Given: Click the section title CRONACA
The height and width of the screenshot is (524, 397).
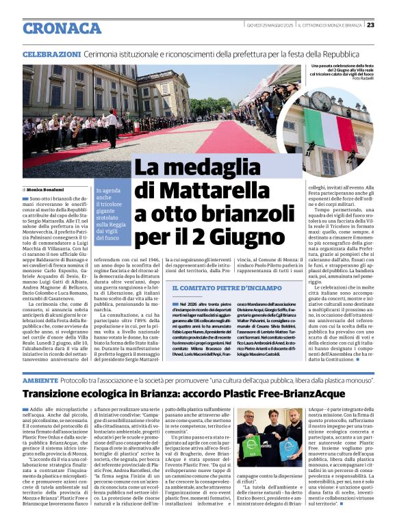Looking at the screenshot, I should coord(62,27).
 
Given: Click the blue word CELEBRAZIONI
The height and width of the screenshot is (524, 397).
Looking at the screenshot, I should coord(52,54).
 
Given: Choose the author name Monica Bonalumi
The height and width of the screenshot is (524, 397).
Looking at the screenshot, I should coord(47,189).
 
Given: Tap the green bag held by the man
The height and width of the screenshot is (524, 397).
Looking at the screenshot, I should coord(253,447).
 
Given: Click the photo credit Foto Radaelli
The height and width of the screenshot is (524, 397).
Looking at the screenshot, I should coord(360,78).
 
